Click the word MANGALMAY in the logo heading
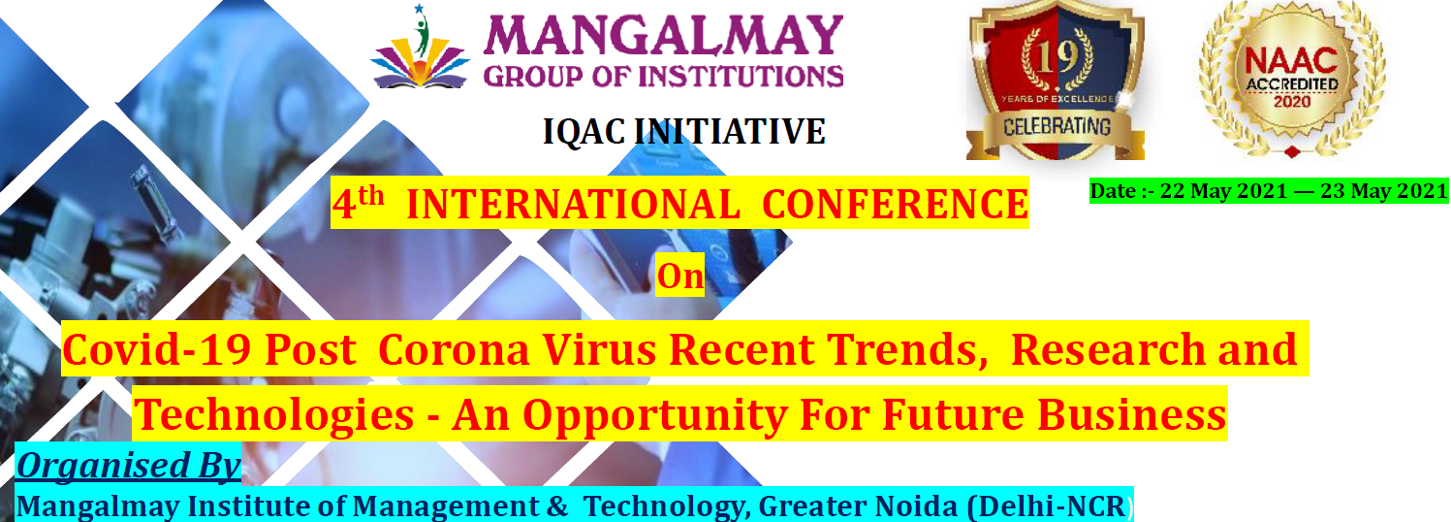pyautogui.click(x=663, y=35)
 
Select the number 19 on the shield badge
pyautogui.click(x=1057, y=58)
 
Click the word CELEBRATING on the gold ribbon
pyautogui.click(x=1057, y=126)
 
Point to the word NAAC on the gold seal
pyautogui.click(x=1292, y=62)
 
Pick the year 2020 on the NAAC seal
pyautogui.click(x=1292, y=101)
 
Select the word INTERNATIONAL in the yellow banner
pyautogui.click(x=573, y=205)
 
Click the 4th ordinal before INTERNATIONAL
pyautogui.click(x=359, y=203)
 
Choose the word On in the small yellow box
pyautogui.click(x=679, y=277)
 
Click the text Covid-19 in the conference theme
pyautogui.click(x=157, y=349)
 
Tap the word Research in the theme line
pyautogui.click(x=1107, y=349)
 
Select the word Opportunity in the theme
pyautogui.click(x=655, y=416)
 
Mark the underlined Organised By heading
pyautogui.click(x=128, y=466)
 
